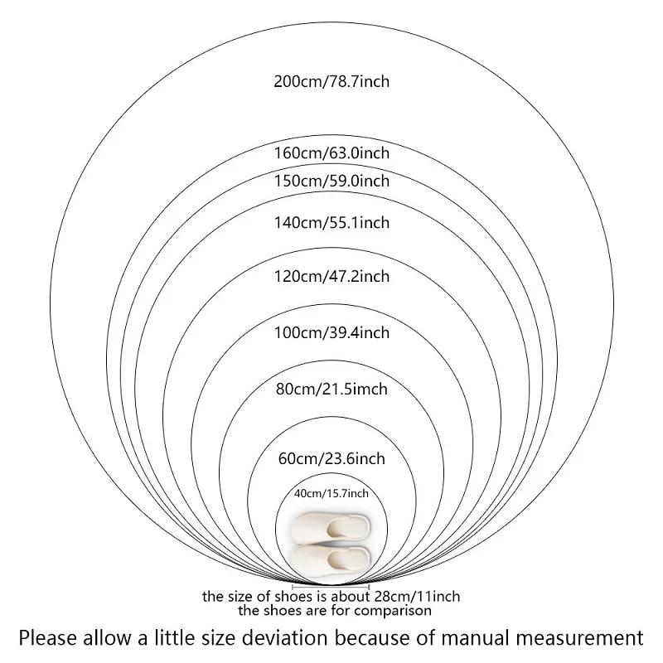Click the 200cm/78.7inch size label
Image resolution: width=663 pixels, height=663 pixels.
point(331,81)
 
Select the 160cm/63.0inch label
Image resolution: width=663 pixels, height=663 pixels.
point(331,152)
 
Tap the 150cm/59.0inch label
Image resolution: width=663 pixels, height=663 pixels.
point(331,181)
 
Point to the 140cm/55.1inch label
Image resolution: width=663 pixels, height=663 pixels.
point(331,222)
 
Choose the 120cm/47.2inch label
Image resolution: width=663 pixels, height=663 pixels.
point(331,276)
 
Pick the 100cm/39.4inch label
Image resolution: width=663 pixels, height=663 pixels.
point(331,333)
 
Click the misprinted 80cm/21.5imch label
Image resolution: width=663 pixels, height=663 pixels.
point(331,389)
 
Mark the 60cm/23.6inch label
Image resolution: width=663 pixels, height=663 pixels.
point(331,459)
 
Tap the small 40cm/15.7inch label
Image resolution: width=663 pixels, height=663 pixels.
point(331,493)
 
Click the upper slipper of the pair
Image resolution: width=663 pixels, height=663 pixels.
point(331,527)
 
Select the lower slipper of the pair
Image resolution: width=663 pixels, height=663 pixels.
point(331,561)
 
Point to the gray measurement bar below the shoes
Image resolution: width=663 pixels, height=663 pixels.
point(331,587)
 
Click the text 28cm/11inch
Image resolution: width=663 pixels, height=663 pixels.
point(417,597)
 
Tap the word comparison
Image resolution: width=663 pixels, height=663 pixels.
point(393,611)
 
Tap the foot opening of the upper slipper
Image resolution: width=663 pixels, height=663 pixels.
point(341,528)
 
